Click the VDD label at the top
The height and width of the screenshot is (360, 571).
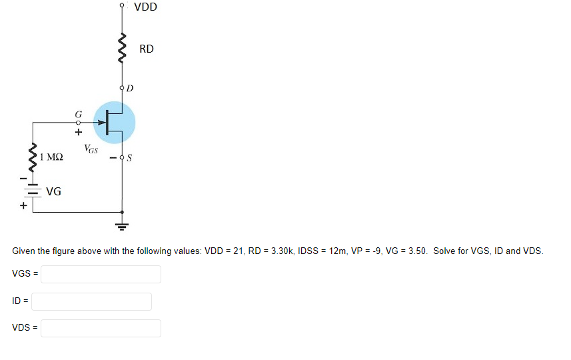[145, 8]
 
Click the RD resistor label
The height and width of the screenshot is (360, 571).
[147, 49]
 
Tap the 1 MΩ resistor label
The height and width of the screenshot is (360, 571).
[52, 157]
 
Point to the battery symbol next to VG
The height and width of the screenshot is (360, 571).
[29, 191]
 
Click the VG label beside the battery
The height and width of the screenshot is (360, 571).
[54, 192]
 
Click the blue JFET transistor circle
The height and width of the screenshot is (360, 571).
[115, 122]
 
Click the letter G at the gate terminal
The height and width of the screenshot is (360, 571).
[78, 114]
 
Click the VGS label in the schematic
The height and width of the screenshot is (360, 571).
[91, 149]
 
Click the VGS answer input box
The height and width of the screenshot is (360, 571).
[101, 274]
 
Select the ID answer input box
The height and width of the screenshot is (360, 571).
[91, 301]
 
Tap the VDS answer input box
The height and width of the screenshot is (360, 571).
[101, 328]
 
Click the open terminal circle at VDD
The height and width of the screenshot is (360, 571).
[121, 5]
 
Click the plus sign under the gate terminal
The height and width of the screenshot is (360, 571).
[78, 132]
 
